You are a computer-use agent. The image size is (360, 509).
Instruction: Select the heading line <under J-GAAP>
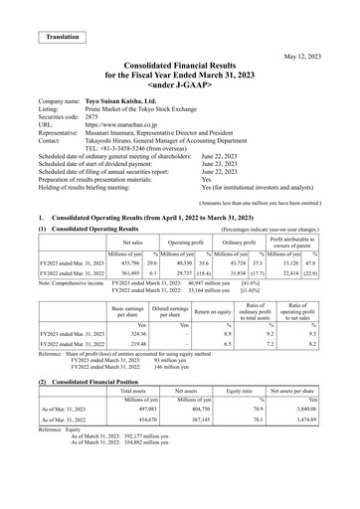(180, 99)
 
